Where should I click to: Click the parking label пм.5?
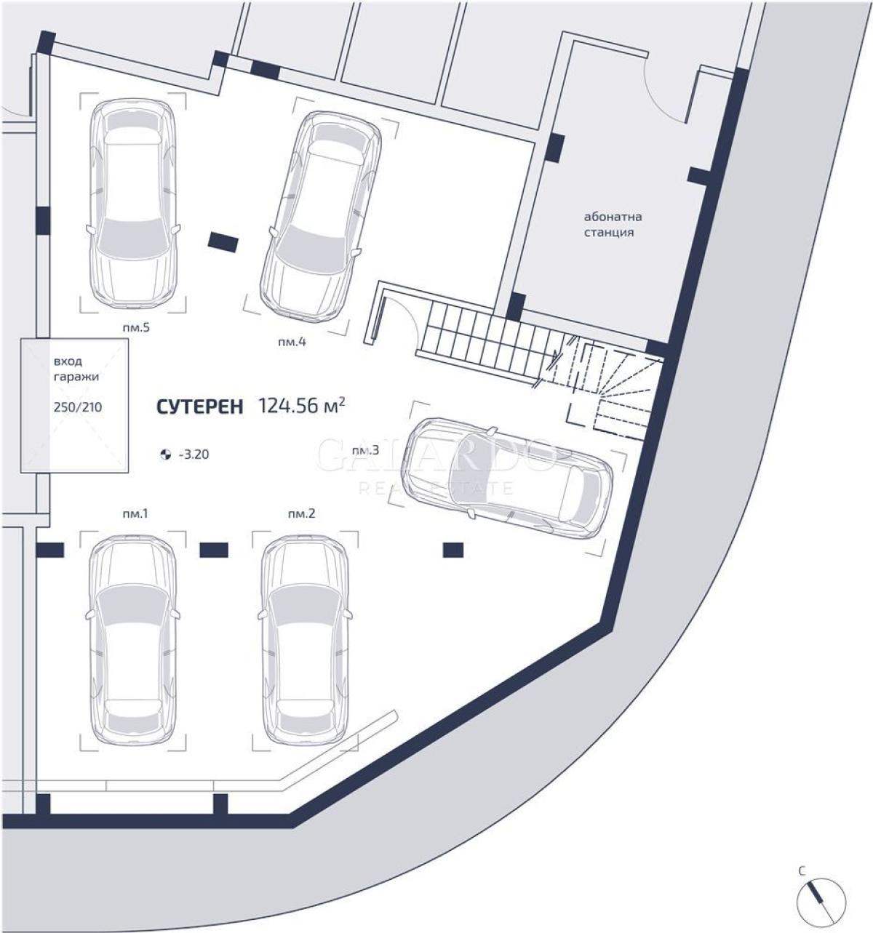[x=136, y=327]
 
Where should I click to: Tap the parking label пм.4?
[x=292, y=342]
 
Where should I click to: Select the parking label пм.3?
[x=365, y=451]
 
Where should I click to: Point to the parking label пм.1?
[x=135, y=514]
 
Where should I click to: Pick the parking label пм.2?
[x=301, y=514]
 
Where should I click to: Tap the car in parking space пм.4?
[x=321, y=214]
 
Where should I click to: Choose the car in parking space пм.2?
[x=305, y=641]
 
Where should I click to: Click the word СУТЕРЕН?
[x=200, y=407]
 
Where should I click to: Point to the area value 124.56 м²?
[x=302, y=405]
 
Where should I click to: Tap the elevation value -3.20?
[x=194, y=455]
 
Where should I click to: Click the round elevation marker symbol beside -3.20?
[x=165, y=455]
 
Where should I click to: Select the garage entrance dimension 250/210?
[x=78, y=407]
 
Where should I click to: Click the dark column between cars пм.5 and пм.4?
[x=223, y=242]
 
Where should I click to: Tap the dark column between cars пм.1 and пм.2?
[x=214, y=550]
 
